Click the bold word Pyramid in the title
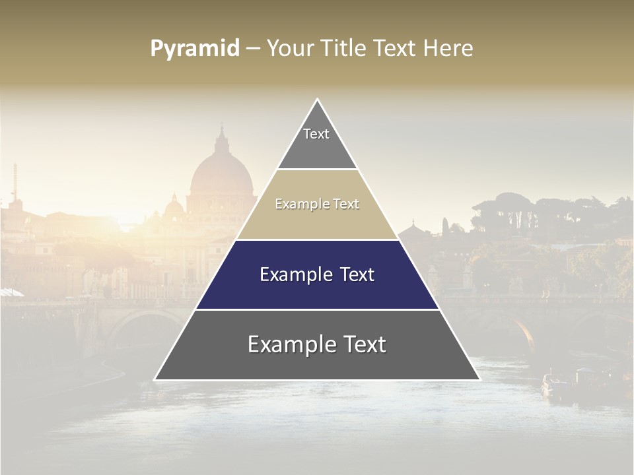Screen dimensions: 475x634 point(195,49)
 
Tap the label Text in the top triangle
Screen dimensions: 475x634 point(316,134)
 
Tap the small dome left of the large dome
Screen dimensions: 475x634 point(174,208)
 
